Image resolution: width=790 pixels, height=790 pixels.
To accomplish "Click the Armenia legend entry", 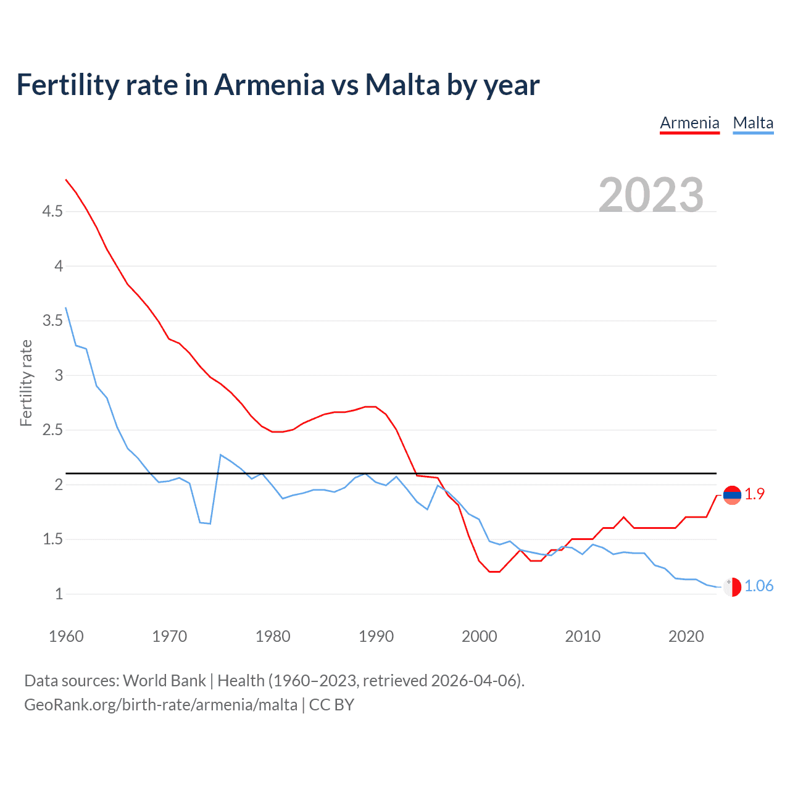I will (689, 123).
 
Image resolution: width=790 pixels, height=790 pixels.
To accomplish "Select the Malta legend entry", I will (753, 123).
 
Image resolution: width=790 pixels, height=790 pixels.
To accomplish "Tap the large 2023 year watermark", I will (651, 195).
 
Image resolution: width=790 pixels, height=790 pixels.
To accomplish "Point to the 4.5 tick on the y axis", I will (52, 212).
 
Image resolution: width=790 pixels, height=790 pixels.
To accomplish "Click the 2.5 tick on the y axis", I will (52, 430).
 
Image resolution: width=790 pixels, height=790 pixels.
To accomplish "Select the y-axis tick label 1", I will (59, 594).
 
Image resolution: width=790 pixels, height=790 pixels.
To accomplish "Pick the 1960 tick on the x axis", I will (66, 636).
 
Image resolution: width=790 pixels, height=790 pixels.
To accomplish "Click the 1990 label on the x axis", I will (376, 636).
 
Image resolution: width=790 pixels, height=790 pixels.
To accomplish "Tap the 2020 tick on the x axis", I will (686, 636).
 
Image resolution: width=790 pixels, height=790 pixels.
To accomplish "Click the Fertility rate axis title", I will (26, 383).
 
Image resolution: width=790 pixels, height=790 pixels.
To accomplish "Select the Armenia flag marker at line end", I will (732, 495).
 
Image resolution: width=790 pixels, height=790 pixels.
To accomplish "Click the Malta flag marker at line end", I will (732, 587).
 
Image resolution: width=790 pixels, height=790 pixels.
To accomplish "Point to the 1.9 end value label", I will (754, 494).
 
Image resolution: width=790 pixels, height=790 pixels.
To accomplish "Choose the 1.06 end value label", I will (759, 586).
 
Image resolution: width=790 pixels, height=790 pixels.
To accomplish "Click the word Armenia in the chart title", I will (269, 85).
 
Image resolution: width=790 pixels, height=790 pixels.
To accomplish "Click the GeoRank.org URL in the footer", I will (160, 705).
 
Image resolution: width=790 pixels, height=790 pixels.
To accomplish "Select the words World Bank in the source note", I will (164, 681).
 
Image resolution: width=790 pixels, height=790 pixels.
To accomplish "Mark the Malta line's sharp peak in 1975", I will (220, 455).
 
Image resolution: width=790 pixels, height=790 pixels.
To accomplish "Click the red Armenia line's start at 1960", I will (66, 180).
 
